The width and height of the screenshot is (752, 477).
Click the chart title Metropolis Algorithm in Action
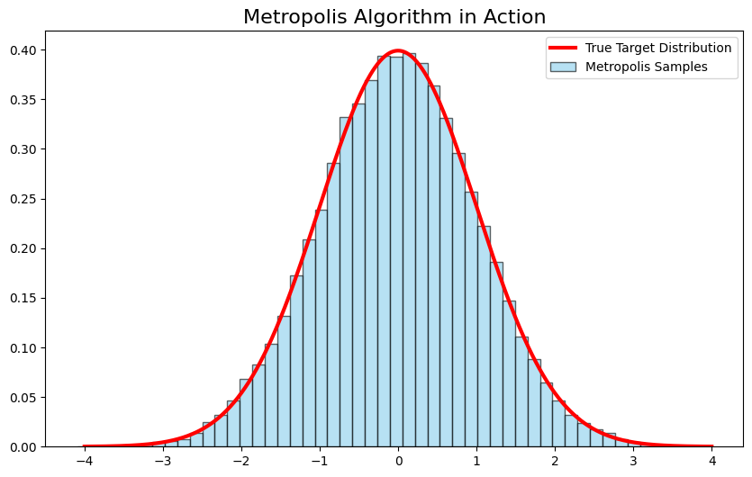(x=394, y=17)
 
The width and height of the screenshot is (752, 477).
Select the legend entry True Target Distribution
(x=657, y=48)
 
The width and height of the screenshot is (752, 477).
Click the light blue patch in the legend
(x=563, y=66)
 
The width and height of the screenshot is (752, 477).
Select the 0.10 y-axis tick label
(x=25, y=348)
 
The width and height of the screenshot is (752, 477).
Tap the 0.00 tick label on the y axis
(x=25, y=447)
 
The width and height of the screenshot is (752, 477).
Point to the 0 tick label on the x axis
(x=398, y=462)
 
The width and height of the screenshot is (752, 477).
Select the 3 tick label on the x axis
(x=634, y=462)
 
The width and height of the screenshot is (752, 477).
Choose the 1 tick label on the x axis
(x=476, y=462)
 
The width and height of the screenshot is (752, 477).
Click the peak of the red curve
(x=398, y=50)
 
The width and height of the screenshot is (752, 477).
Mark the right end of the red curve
(x=711, y=446)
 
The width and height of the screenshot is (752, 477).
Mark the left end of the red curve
(x=85, y=446)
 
